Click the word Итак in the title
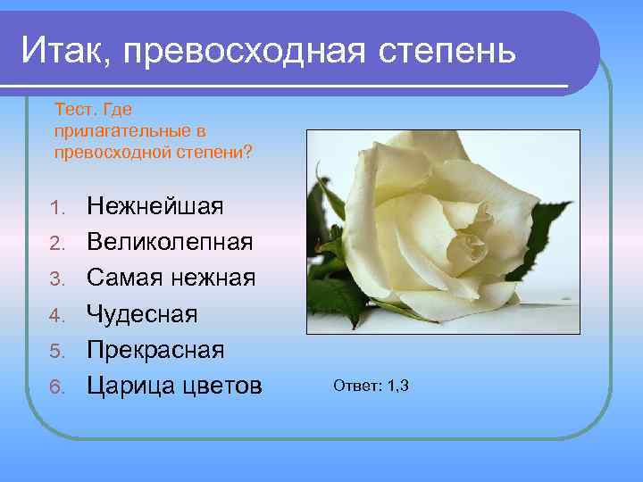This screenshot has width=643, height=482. pos(65,51)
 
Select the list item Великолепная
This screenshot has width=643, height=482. pos(170,243)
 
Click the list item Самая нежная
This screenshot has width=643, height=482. pos(171,278)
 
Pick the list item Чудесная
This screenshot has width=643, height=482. pos(142,314)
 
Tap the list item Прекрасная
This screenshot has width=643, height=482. pos(155,350)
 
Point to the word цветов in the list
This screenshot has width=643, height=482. pos(223,386)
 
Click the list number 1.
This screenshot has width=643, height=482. pos(58,209)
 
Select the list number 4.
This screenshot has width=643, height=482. pos(58,316)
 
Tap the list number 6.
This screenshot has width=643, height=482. pos(58,387)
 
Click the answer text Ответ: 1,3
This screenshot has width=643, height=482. pos(371,386)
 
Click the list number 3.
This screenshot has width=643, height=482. pos(58,280)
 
